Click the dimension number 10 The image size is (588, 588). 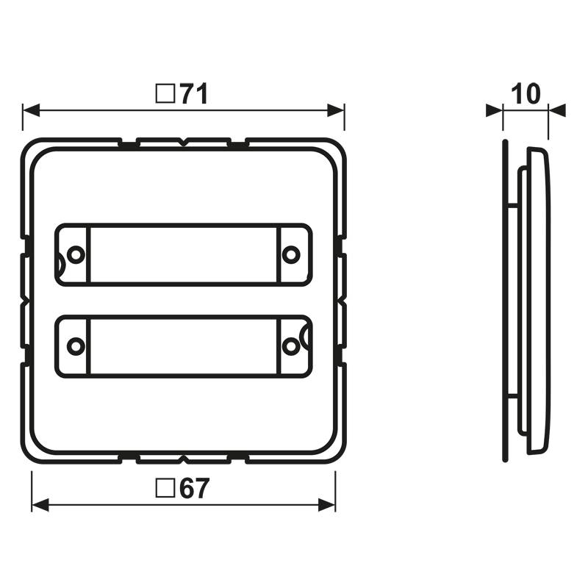(525, 94)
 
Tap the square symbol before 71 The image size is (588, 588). (165, 94)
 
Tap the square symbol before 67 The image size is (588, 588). (165, 489)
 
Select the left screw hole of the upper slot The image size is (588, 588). (74, 254)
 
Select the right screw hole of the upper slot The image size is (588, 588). (292, 254)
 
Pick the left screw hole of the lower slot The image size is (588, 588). (74, 345)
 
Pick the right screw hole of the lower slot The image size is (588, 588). (292, 345)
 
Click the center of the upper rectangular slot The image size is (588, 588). (183, 254)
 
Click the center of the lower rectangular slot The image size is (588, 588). (183, 345)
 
